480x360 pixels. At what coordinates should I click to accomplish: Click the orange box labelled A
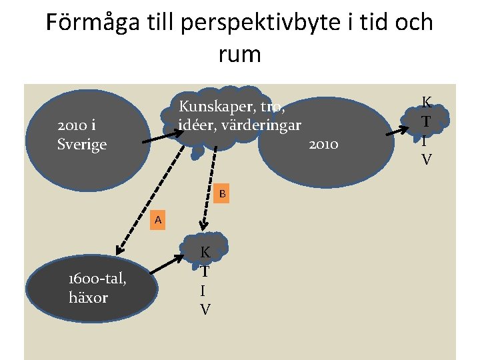click(157, 219)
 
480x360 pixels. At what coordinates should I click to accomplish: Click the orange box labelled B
click(223, 194)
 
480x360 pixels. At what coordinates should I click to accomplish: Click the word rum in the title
click(239, 53)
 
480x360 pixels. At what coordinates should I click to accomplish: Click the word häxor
click(88, 297)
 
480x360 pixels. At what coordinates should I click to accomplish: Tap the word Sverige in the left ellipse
click(82, 144)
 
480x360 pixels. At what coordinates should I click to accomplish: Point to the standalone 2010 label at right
click(324, 144)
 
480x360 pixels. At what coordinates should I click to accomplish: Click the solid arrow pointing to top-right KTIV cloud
click(403, 130)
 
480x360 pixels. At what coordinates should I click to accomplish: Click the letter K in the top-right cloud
click(427, 103)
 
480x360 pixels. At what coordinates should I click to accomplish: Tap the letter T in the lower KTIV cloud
click(205, 271)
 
